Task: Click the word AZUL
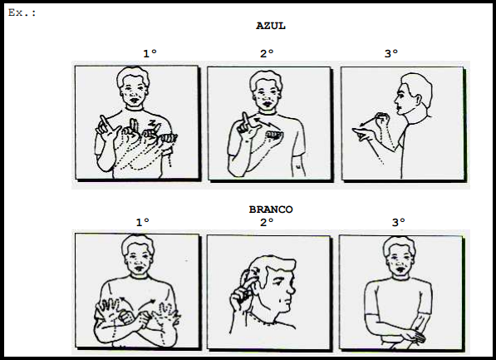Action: click(x=271, y=26)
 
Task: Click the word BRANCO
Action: click(x=271, y=210)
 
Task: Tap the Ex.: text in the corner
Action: click(x=22, y=13)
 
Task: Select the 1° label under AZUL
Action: click(x=150, y=53)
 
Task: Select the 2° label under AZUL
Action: click(x=267, y=53)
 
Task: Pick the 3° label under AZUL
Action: click(x=391, y=53)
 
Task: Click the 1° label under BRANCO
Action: click(x=143, y=222)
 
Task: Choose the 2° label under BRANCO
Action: click(x=267, y=222)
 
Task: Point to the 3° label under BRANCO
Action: click(x=399, y=222)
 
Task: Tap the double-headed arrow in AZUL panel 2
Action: click(x=265, y=122)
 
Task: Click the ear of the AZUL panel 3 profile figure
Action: click(x=418, y=101)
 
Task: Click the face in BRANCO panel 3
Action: click(x=399, y=259)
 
